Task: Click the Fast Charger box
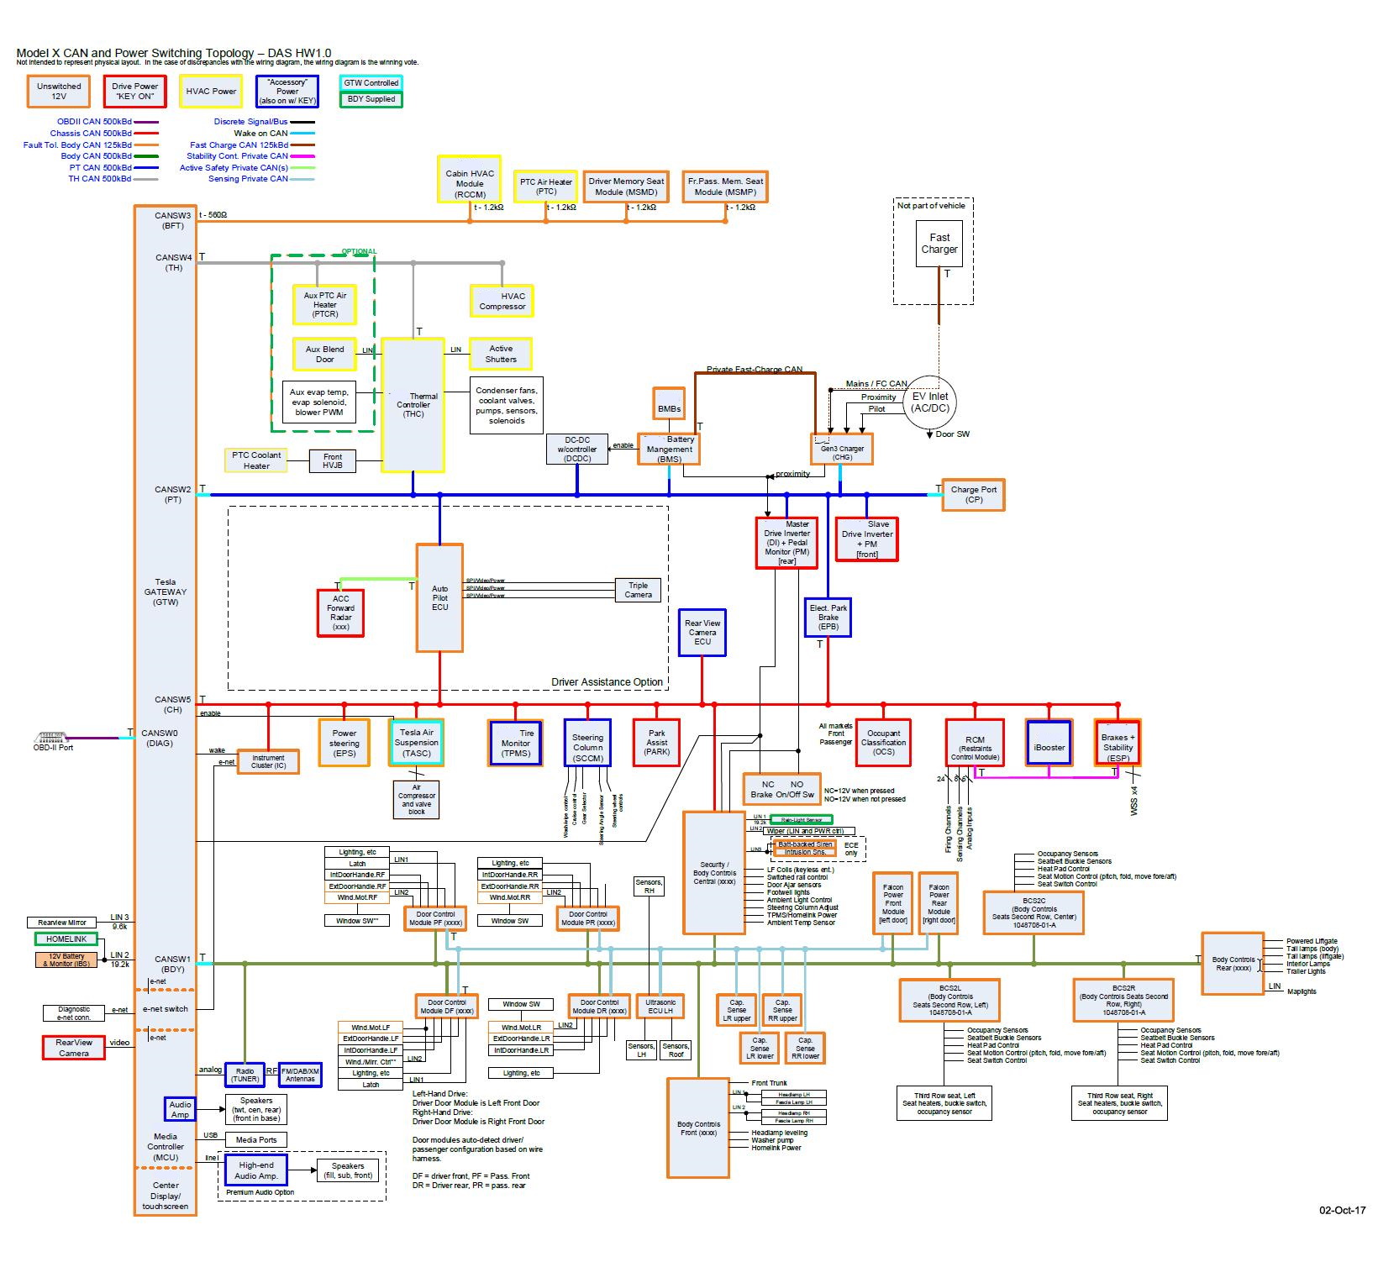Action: pyautogui.click(x=939, y=244)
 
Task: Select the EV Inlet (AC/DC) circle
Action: pyautogui.click(x=930, y=402)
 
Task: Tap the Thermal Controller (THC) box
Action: pyautogui.click(x=413, y=404)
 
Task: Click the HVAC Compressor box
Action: pyautogui.click(x=502, y=301)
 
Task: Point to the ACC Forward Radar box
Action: pyautogui.click(x=340, y=613)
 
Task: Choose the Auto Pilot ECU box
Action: pyautogui.click(x=439, y=597)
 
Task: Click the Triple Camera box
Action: pyautogui.click(x=638, y=590)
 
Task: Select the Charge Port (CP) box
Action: pyautogui.click(x=973, y=494)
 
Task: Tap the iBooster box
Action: pyautogui.click(x=1049, y=743)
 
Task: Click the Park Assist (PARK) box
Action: pyautogui.click(x=656, y=743)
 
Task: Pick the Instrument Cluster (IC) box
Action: pyautogui.click(x=268, y=761)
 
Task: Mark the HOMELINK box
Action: pyautogui.click(x=66, y=939)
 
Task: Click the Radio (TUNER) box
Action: pyautogui.click(x=245, y=1075)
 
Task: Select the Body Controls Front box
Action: pyautogui.click(x=698, y=1128)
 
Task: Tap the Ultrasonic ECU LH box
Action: pyautogui.click(x=660, y=1006)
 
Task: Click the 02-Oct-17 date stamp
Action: pyautogui.click(x=1342, y=1210)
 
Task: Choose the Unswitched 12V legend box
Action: pyautogui.click(x=59, y=91)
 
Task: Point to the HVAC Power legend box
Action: pyautogui.click(x=211, y=91)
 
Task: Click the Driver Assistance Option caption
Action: pyautogui.click(x=607, y=681)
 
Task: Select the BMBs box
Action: pyautogui.click(x=669, y=404)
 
